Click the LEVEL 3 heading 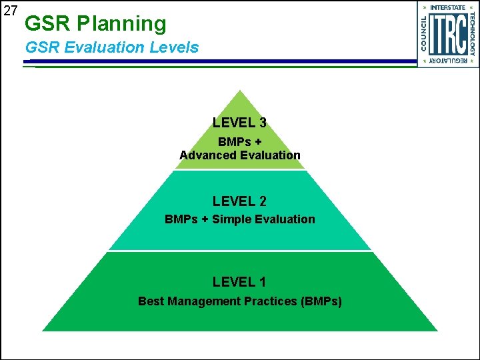pos(239,123)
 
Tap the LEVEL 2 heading pos(239,201)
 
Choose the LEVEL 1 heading pos(239,283)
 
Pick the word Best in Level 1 pos(151,301)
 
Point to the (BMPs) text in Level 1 pos(321,301)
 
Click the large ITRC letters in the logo pos(447,34)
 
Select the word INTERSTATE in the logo pos(447,7)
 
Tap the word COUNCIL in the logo pos(423,33)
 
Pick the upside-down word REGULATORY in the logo pos(447,61)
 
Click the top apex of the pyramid pos(240,92)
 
